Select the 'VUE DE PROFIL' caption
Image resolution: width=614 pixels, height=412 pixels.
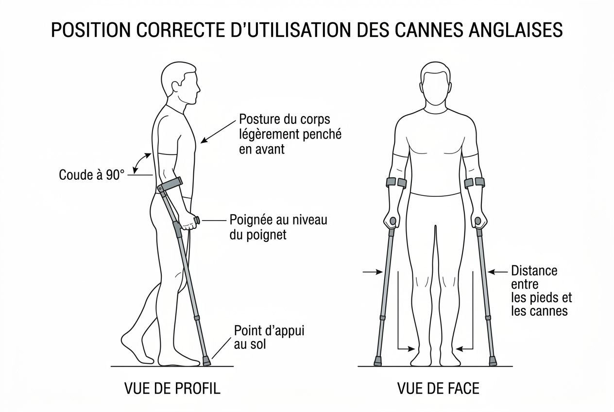(172, 388)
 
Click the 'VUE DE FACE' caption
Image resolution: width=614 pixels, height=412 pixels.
(438, 388)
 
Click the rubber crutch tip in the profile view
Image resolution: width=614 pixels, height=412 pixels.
(206, 361)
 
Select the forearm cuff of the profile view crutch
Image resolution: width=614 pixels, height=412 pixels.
(170, 185)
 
